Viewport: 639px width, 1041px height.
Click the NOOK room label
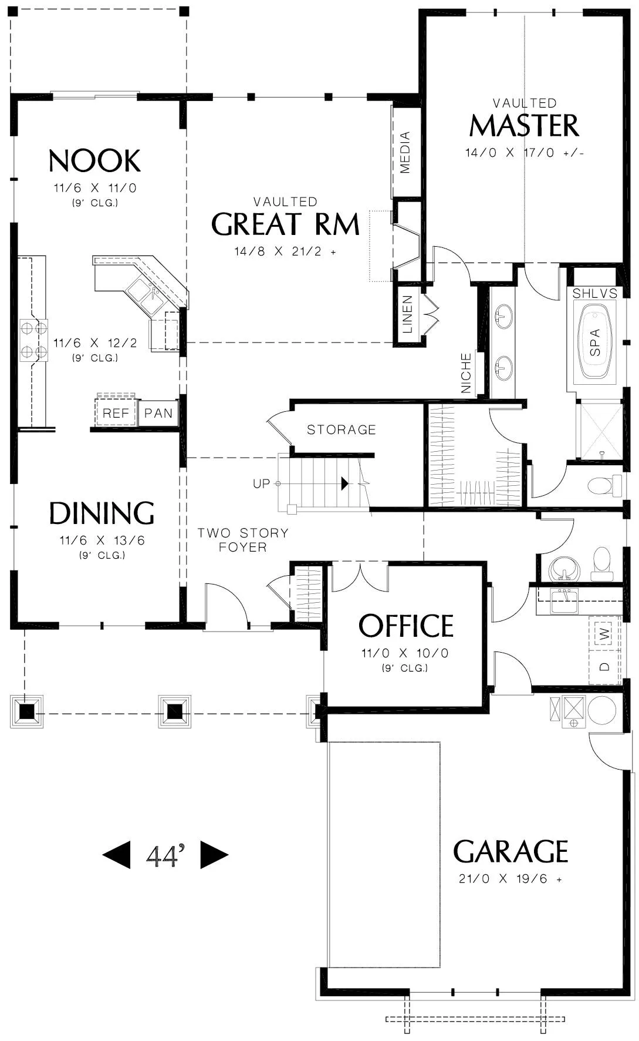tap(94, 161)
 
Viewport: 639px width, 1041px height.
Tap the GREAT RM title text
tap(285, 224)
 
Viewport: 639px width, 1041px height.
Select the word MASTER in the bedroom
tap(524, 125)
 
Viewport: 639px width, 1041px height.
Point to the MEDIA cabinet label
tap(405, 152)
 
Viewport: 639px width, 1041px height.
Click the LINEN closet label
tap(408, 314)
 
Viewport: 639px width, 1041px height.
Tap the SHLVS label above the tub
tap(595, 293)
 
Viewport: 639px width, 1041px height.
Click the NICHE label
tap(466, 373)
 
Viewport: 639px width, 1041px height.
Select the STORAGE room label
tap(342, 430)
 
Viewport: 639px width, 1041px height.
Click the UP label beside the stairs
tap(261, 483)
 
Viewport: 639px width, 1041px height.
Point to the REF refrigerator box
tap(116, 413)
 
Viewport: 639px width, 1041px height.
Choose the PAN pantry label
tap(158, 413)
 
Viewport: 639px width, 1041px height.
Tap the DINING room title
tap(102, 513)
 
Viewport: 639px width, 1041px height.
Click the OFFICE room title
tap(406, 626)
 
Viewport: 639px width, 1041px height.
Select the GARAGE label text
tap(510, 851)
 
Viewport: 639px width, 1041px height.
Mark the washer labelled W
tap(605, 634)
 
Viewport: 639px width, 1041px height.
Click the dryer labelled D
tap(605, 666)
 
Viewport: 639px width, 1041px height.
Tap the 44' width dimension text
tap(165, 855)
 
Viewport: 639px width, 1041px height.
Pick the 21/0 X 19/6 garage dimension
tap(510, 879)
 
